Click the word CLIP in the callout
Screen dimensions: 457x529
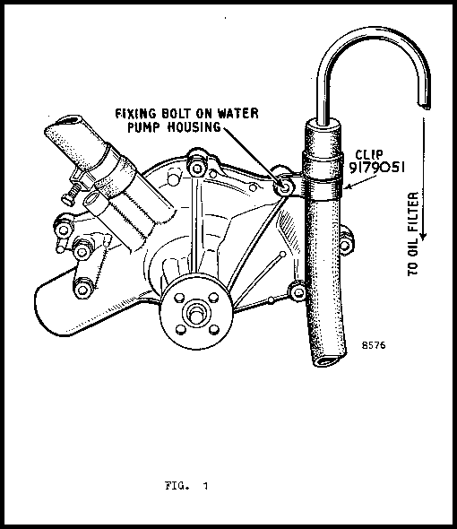tap(369, 154)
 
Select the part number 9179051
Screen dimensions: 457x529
tap(376, 168)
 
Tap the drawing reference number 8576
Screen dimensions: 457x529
tap(374, 345)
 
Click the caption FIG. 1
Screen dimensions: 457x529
tap(186, 486)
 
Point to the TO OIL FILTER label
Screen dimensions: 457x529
tap(413, 234)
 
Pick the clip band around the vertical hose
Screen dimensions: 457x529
tap(323, 176)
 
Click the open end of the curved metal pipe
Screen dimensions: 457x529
tap(424, 106)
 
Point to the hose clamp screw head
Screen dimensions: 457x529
tap(69, 196)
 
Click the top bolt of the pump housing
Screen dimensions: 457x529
tap(197, 168)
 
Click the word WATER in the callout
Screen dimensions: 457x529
tap(237, 113)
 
